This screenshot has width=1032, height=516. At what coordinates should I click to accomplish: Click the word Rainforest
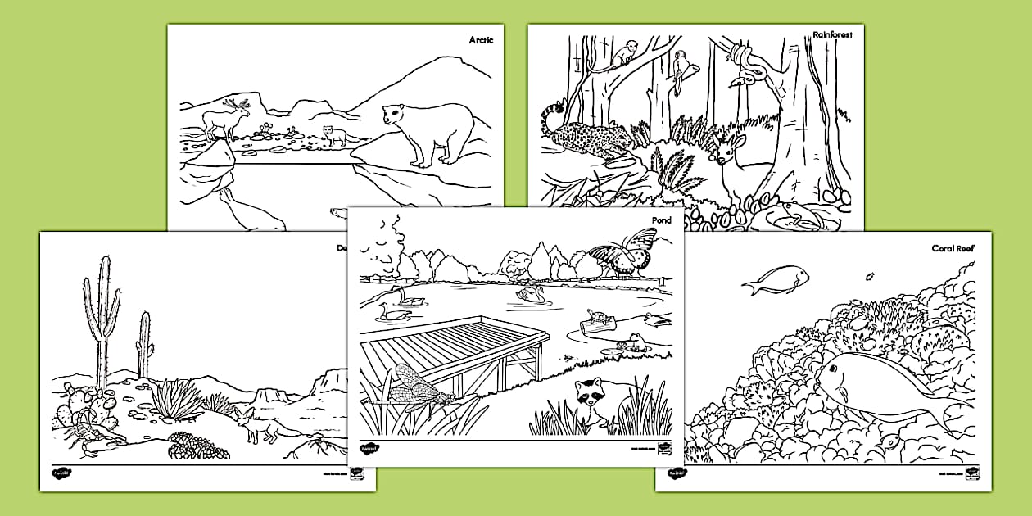click(832, 35)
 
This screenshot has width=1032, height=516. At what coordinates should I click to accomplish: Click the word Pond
click(661, 221)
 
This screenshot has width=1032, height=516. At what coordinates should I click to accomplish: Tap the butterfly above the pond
click(625, 251)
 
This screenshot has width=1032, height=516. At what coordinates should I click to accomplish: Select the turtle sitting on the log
click(596, 317)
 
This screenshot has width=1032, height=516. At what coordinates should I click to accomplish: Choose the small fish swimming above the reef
click(776, 280)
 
